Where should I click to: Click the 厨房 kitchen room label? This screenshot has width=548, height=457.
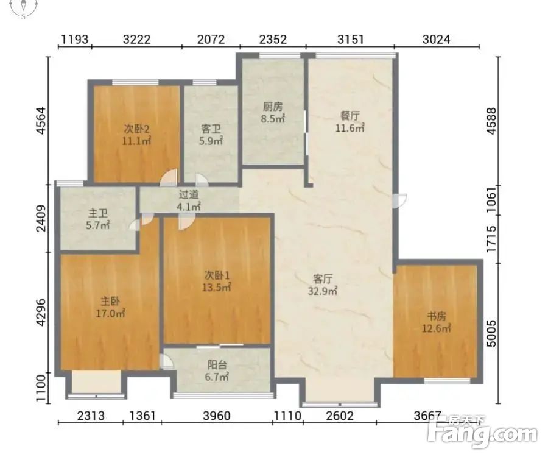(273, 106)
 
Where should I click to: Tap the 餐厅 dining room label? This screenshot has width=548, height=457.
(350, 115)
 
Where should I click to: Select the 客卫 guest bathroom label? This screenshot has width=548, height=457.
(211, 129)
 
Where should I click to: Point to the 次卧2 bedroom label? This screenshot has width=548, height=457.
(136, 129)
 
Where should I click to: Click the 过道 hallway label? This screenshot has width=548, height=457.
(189, 194)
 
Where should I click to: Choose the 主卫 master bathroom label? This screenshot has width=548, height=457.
(98, 213)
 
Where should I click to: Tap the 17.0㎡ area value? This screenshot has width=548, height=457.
(110, 313)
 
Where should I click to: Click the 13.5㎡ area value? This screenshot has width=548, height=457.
(216, 288)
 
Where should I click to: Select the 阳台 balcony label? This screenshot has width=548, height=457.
(217, 365)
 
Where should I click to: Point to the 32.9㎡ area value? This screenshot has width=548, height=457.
(322, 291)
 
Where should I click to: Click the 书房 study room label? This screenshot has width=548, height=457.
(436, 316)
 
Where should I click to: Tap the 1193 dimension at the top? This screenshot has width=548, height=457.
(75, 39)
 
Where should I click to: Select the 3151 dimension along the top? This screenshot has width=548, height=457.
(351, 39)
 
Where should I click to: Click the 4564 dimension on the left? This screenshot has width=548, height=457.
(41, 121)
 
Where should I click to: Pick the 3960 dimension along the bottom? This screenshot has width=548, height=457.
(217, 416)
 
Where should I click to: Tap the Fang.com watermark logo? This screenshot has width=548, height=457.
(483, 432)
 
